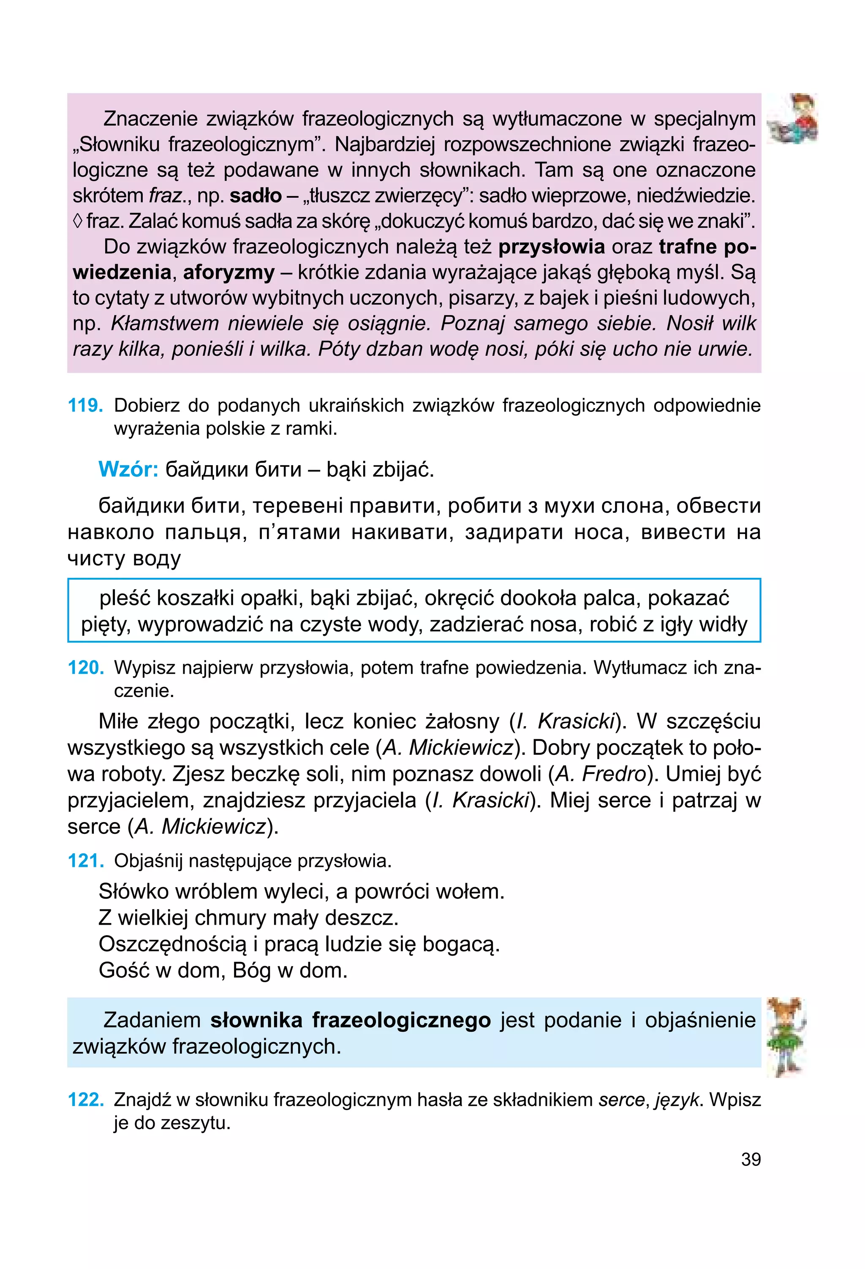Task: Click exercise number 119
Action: point(85,406)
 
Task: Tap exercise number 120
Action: point(85,667)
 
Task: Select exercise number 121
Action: point(85,861)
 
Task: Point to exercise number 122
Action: point(85,1100)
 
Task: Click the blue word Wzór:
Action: point(128,469)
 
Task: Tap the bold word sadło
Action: point(256,196)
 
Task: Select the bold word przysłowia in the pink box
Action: point(552,247)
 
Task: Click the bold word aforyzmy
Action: point(229,272)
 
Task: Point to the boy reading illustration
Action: point(792,119)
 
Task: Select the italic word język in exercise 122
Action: point(677,1100)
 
